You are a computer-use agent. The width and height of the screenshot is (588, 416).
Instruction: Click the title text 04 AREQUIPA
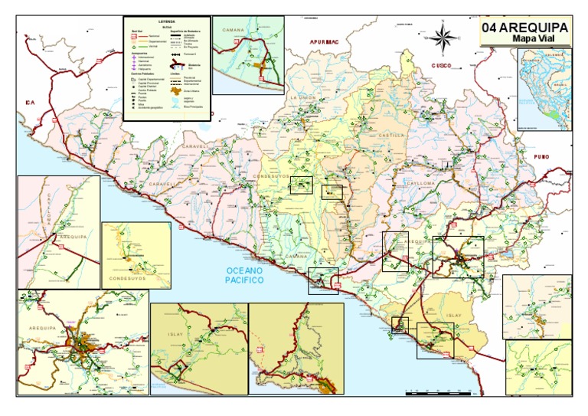coord(524,28)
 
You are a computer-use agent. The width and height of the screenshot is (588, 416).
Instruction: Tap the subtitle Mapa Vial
coord(534,41)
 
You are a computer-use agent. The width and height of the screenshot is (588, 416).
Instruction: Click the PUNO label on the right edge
coord(564,156)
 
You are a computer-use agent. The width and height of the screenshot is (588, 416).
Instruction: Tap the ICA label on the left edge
coord(30,102)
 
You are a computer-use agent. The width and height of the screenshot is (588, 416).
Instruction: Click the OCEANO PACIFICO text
coord(244,276)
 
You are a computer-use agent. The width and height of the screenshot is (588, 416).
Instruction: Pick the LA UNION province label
coord(302,99)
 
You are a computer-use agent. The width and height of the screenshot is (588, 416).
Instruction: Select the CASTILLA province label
coord(391,135)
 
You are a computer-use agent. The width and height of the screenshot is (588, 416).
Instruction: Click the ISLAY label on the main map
coord(455,315)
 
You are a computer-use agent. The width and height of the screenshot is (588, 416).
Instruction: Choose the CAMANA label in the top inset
coord(234,31)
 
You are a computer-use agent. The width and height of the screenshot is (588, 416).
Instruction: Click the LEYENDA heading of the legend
coord(167,21)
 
